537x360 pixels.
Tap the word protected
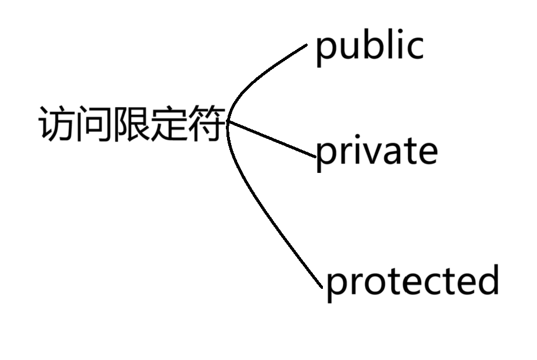click(x=412, y=281)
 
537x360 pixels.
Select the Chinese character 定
click(x=169, y=124)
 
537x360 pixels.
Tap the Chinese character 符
click(x=207, y=124)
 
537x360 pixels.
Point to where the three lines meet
click(x=228, y=122)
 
